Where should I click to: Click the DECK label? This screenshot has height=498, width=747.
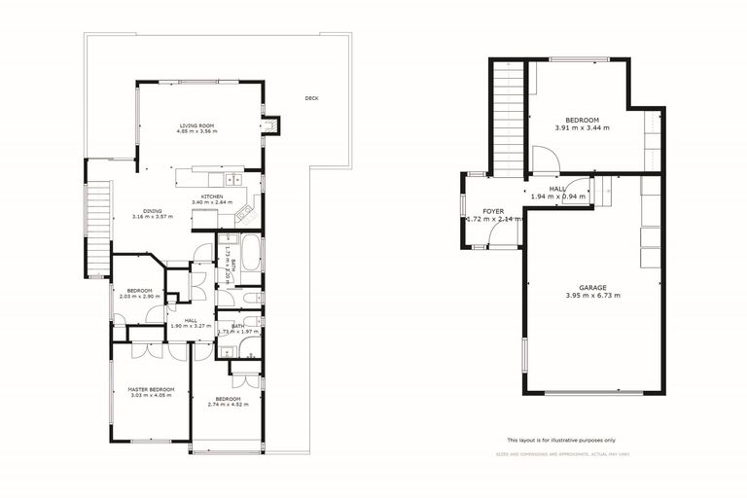[x=311, y=98]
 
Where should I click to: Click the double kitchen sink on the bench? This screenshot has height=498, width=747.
[x=233, y=179]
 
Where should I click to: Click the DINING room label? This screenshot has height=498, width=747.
[x=153, y=210]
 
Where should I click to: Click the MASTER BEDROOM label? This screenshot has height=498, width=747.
[x=151, y=389]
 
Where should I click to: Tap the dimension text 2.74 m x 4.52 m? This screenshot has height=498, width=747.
[x=227, y=405]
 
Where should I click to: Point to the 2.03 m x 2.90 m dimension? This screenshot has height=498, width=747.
[x=139, y=295]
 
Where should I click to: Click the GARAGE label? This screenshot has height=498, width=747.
[x=592, y=287]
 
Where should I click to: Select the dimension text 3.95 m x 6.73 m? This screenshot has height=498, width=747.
[x=592, y=295]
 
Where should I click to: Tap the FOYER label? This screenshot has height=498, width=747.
[x=492, y=211]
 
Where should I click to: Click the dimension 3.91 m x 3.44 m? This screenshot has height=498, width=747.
[x=582, y=127]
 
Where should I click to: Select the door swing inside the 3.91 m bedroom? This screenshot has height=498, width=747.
[x=544, y=158]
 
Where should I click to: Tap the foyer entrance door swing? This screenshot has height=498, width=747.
[x=478, y=233]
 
